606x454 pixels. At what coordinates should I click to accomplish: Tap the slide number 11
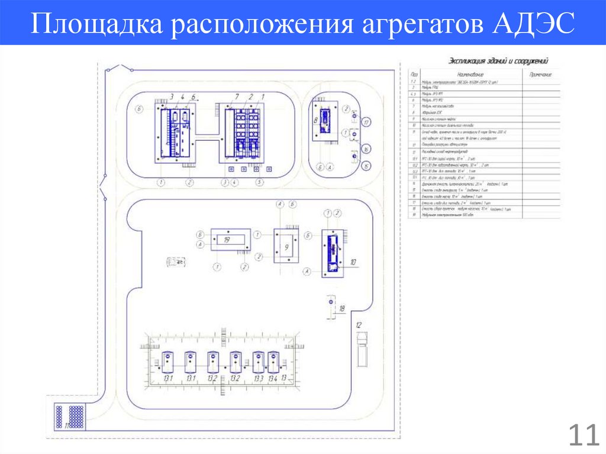click(584, 436)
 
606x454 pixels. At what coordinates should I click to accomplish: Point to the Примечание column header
click(540, 75)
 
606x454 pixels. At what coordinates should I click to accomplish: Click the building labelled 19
click(230, 240)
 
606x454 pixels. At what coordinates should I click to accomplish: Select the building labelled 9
click(286, 248)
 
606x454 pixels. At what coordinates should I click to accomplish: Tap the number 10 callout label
click(353, 261)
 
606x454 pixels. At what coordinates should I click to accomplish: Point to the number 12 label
click(358, 325)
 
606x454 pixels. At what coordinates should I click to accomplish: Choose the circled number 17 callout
click(367, 123)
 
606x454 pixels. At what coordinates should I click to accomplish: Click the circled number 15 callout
click(367, 166)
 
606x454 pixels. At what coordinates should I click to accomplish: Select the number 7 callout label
click(237, 96)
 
